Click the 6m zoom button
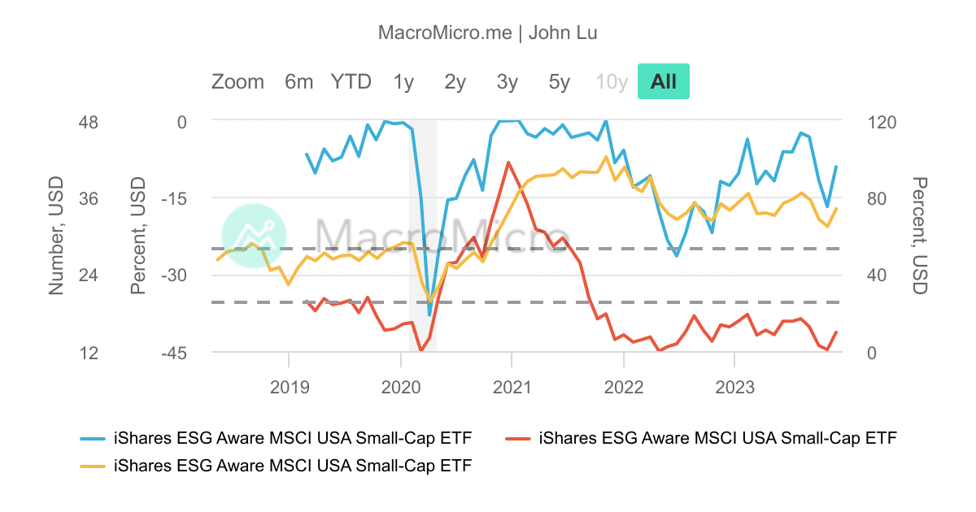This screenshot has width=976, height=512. pos(298,82)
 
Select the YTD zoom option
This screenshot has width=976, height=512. pos(351,82)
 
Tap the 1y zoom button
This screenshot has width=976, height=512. pos(403,82)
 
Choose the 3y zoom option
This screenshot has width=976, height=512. pos(508,82)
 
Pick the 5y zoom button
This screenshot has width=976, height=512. pos(560,82)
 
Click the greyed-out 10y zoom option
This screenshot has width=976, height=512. pos(612,82)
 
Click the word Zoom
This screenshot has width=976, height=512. pos(237,82)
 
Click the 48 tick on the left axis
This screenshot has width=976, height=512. pos(87,122)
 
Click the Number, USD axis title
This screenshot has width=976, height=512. pos(56,236)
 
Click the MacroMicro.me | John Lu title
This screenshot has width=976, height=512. pos(488,33)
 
